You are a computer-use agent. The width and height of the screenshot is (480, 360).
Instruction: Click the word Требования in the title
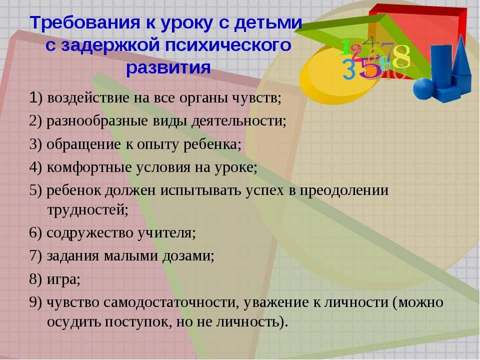coord(84,23)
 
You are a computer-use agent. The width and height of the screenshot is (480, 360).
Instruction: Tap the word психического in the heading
coord(228,45)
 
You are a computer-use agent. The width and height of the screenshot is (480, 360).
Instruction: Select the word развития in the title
coord(168,67)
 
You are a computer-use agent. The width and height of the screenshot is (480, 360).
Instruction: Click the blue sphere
coord(424,89)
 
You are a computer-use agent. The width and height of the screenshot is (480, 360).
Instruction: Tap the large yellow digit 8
coord(401,56)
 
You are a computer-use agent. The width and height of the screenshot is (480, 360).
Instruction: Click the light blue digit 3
coord(349,69)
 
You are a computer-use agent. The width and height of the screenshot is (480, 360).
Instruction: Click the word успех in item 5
coord(264,190)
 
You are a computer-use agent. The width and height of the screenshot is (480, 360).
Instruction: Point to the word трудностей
coord(87,210)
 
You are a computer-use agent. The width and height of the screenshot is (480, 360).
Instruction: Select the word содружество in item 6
coord(90,233)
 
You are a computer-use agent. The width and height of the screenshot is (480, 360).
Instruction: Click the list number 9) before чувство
coord(35,302)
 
